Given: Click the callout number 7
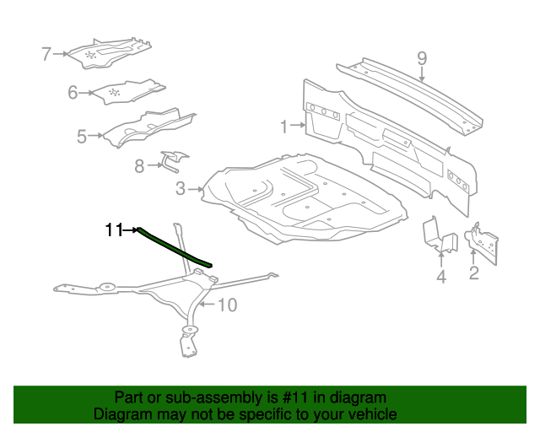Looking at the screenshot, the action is [46, 54].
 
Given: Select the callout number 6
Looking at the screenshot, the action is [73, 93].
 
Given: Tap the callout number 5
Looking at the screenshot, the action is [82, 137].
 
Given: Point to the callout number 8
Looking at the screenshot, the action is [139, 166].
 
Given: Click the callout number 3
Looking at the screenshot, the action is [181, 189].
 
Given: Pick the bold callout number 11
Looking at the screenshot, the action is [114, 229].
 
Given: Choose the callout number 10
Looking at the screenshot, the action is [228, 305].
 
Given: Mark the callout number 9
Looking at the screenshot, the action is [422, 58].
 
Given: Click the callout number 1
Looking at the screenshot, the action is [283, 127].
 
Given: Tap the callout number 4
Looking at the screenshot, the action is [441, 277].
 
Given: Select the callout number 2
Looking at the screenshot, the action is [474, 273].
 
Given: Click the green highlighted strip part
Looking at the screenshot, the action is [175, 247].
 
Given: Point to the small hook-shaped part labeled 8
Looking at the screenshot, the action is [175, 160].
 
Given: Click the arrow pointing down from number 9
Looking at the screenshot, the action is [422, 74].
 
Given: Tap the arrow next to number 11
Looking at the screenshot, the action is [131, 229].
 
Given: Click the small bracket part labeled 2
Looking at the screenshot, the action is [483, 243].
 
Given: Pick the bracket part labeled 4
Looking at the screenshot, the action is [440, 235].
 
